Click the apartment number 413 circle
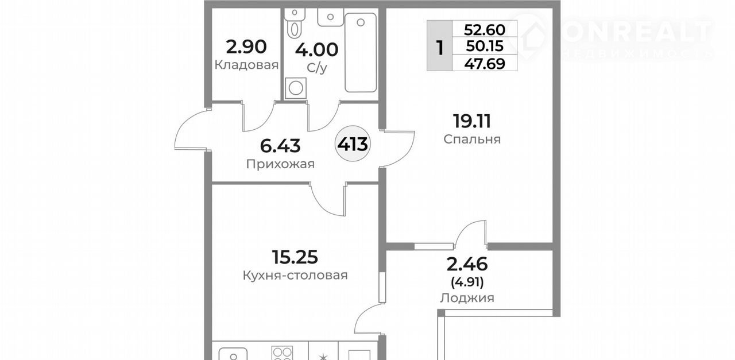[353, 144]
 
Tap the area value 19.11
[472, 121]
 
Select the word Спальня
[472, 140]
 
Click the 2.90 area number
[246, 47]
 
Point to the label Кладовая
[246, 65]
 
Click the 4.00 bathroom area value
[316, 50]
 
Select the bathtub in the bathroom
[360, 52]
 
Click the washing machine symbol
[296, 88]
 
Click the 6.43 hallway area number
[280, 146]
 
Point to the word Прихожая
[280, 164]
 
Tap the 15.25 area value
[295, 257]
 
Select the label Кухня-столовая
[295, 275]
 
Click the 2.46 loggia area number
[467, 264]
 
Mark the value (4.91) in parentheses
[467, 282]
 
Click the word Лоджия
[467, 298]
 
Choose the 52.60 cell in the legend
[484, 30]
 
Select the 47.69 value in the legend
[484, 63]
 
